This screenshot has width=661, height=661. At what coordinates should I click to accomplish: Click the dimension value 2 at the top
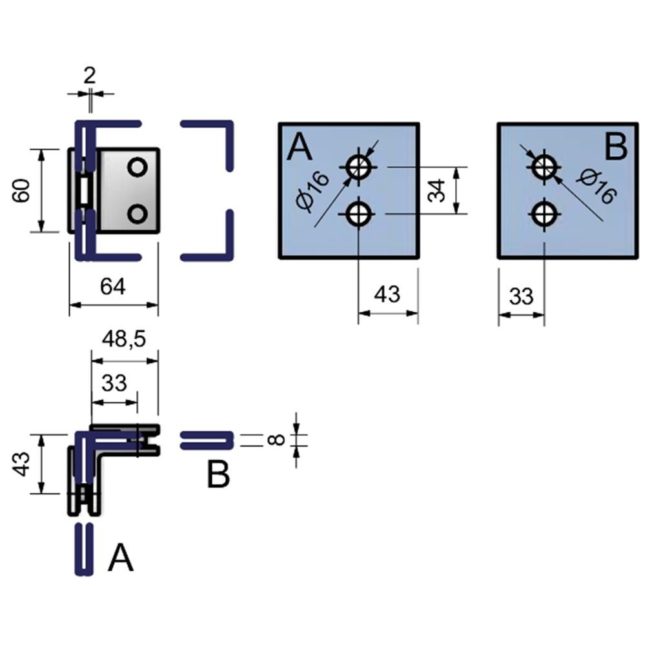tap(89, 76)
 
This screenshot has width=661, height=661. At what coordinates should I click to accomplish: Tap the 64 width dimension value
tap(112, 286)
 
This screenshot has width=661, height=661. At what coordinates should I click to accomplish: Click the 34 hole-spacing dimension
tap(438, 191)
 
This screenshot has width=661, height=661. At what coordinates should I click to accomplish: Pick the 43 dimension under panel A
tap(387, 294)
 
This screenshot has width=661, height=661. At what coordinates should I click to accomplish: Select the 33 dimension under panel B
tap(521, 296)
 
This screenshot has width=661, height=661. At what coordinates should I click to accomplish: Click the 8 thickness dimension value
tap(276, 440)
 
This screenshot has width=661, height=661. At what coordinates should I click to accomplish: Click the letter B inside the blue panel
tap(616, 148)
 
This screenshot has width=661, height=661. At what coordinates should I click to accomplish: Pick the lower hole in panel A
tap(358, 214)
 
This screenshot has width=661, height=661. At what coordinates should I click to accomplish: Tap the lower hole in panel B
tap(544, 214)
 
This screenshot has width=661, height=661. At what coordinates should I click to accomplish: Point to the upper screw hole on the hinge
tap(137, 167)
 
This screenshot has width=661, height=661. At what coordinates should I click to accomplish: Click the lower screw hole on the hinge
tap(137, 213)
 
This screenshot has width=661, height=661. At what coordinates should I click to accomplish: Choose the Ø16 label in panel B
tap(595, 186)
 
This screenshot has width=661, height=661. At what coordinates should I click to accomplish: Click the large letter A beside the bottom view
tap(120, 558)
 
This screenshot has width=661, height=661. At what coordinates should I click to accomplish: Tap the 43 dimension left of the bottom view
tap(23, 464)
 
